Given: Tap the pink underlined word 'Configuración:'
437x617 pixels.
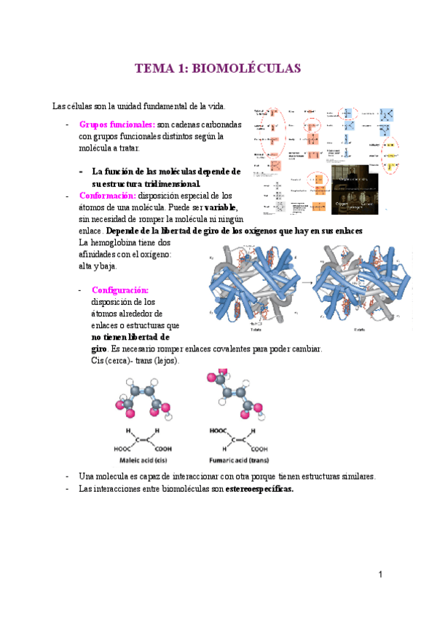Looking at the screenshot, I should (120, 290).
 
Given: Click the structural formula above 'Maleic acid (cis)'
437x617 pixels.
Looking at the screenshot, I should (148, 439).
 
